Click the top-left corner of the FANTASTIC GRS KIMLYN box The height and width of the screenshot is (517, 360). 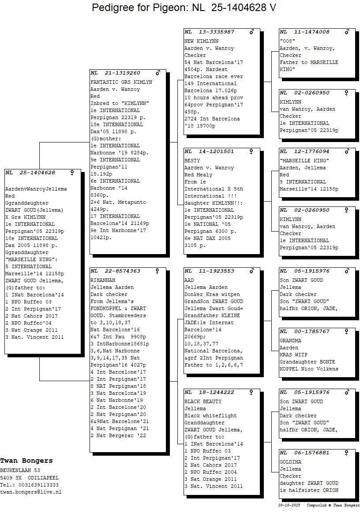pos(90,69)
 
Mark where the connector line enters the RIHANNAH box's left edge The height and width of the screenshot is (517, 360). pos(90,381)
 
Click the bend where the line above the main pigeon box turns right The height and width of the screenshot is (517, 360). pos(40,142)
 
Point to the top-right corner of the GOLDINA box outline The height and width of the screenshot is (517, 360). pos(356,450)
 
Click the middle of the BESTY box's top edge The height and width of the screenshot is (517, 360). pos(222,148)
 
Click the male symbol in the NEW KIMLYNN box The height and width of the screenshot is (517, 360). pos(252,32)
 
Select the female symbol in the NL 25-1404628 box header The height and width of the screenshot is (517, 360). pos(72,172)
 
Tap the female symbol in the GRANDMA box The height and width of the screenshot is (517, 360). pos(346,331)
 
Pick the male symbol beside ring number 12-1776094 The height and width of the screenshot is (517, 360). pos(347,151)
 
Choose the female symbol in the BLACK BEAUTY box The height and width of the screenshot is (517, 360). pos(251,392)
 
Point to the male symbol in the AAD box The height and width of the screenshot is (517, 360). pos(252,271)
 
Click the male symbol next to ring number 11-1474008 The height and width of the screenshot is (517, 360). pos(347,32)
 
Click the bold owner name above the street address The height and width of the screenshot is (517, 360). pos(26,461)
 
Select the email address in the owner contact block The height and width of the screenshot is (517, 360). pos(30,492)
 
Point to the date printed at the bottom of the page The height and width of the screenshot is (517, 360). pos(289,505)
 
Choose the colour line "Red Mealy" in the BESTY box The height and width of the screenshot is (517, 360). pos(198,175)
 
